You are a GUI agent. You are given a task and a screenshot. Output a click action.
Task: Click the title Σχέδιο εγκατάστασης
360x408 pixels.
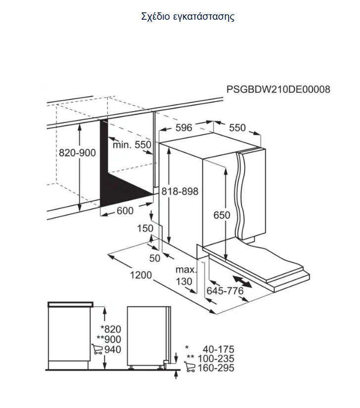[188, 17]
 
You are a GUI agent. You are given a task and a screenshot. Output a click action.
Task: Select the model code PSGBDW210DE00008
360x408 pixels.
[278, 89]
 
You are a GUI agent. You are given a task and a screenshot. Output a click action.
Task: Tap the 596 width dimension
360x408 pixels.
[183, 127]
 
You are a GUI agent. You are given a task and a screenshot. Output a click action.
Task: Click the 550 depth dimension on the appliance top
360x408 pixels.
[237, 127]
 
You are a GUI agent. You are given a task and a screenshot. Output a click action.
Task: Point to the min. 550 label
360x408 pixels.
[132, 145]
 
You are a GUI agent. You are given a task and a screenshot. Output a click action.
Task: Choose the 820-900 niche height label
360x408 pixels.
[77, 153]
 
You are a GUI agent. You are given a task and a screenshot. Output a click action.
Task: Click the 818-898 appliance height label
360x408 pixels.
[180, 191]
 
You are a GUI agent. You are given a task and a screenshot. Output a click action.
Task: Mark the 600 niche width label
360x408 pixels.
[125, 210]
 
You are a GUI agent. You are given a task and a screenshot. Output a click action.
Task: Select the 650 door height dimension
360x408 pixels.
[222, 215]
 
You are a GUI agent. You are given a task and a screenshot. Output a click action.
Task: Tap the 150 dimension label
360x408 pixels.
[145, 228]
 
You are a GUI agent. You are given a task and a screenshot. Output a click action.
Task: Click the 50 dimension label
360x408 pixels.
[155, 258]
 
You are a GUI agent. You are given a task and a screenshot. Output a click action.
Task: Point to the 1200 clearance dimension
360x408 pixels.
[140, 275]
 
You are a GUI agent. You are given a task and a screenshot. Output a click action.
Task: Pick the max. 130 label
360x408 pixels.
[185, 276]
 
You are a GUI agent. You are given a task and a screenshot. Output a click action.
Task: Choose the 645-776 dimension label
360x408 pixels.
[225, 290]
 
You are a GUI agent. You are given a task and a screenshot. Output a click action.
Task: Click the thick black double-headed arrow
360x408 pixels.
[242, 282]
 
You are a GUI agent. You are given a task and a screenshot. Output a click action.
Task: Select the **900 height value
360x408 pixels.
[109, 339]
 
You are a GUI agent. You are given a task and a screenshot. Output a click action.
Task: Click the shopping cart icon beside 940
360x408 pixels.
[97, 349]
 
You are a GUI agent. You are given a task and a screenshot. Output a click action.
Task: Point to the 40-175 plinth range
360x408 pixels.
[219, 349]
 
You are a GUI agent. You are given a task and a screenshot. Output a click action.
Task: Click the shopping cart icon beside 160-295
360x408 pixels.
[189, 367]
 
